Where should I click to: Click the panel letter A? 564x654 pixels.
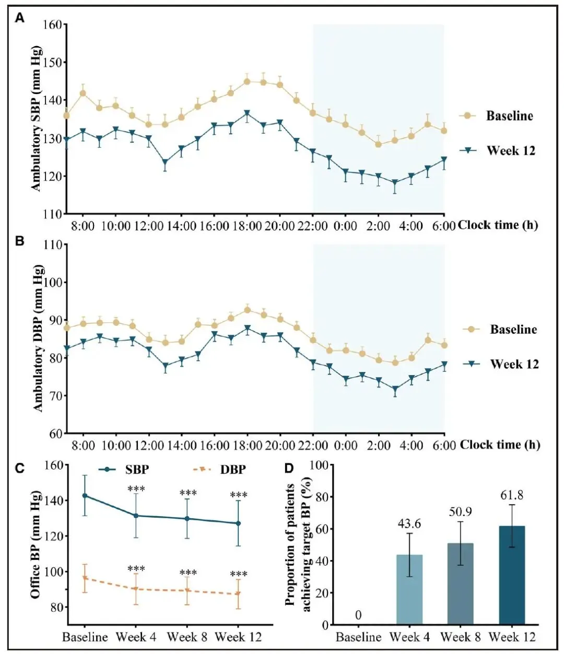point(19,19)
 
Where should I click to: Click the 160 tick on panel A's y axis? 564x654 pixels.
point(52,25)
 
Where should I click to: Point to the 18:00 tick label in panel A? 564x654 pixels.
point(247,226)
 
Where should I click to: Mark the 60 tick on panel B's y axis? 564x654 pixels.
point(55,433)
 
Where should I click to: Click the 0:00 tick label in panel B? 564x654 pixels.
point(345,446)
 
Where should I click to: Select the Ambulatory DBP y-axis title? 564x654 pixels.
point(38,338)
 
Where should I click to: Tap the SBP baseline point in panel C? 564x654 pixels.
point(85,496)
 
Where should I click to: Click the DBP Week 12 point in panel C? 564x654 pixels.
point(238,593)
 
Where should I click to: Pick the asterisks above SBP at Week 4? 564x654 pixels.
point(136,489)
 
